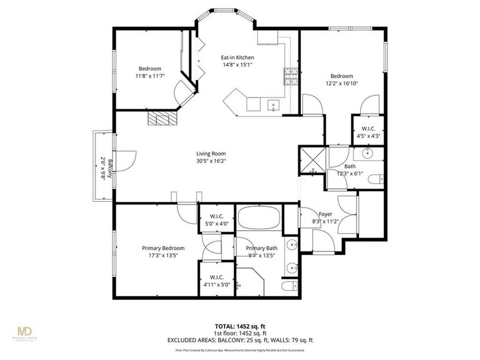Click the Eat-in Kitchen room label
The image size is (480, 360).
[x=237, y=58]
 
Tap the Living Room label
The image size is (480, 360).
[x=211, y=154]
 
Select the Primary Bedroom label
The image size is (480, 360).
[x=163, y=248]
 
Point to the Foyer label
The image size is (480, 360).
[x=326, y=214]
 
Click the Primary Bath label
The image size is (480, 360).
[x=262, y=248]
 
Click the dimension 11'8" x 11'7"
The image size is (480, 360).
[x=150, y=76]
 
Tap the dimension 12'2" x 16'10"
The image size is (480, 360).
[x=342, y=83]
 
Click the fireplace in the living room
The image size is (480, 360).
[x=163, y=118]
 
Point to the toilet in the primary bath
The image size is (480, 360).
[x=289, y=285]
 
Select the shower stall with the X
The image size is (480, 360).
[x=313, y=159]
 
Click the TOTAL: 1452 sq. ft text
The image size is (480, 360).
[x=239, y=326]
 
